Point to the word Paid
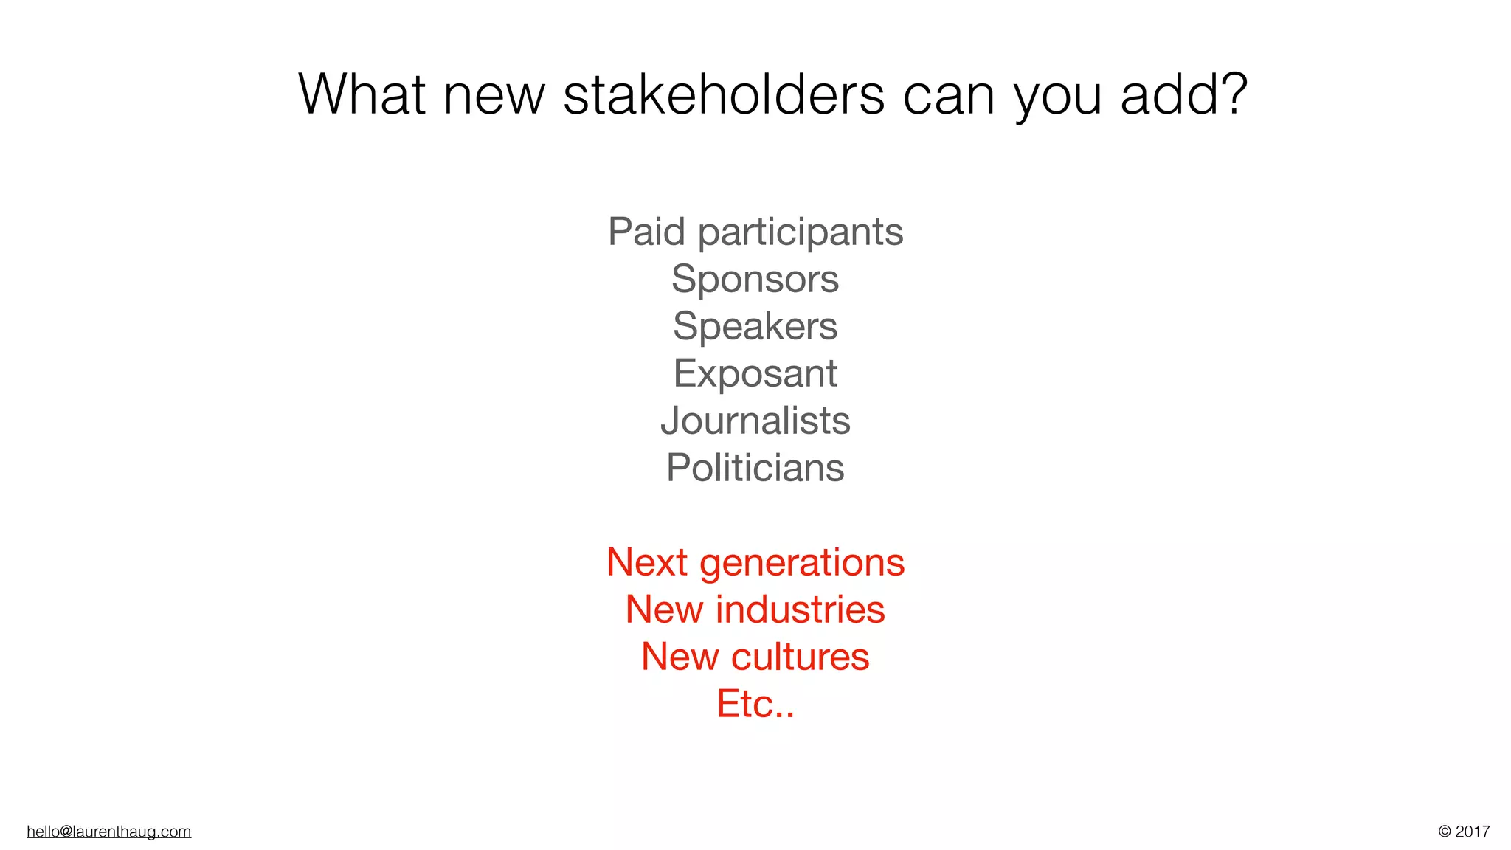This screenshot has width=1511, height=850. (x=647, y=232)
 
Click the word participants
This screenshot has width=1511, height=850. (x=801, y=233)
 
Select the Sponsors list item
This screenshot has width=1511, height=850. (x=755, y=280)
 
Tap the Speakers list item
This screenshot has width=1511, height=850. (x=755, y=327)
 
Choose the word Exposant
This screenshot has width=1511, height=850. (x=755, y=374)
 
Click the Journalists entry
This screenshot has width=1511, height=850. (x=755, y=421)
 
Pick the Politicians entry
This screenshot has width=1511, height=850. (x=755, y=468)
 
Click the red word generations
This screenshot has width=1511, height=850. (x=802, y=564)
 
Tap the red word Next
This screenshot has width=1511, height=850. (x=646, y=562)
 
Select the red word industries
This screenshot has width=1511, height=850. (x=800, y=609)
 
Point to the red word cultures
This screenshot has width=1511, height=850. (x=800, y=657)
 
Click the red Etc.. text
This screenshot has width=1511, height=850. (x=755, y=704)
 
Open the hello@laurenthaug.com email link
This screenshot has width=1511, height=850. (x=108, y=832)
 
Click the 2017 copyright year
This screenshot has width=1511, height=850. (x=1473, y=832)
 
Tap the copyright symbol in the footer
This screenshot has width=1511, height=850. (x=1445, y=832)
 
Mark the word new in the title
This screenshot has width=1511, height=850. (x=494, y=96)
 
